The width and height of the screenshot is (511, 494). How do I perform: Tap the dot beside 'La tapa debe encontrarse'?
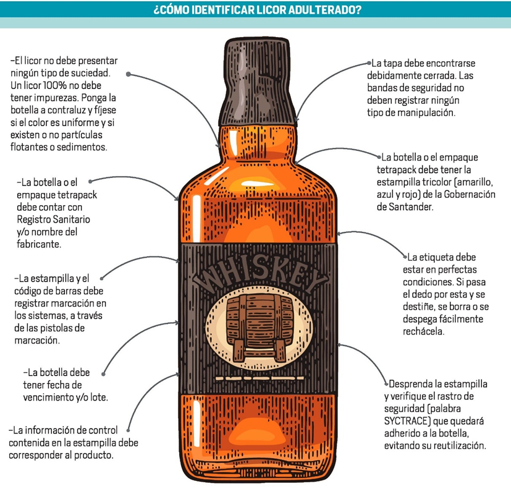click(369, 63)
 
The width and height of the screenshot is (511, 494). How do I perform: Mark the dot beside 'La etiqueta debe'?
click(406, 255)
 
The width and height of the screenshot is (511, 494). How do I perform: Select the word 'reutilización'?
click(457, 445)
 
